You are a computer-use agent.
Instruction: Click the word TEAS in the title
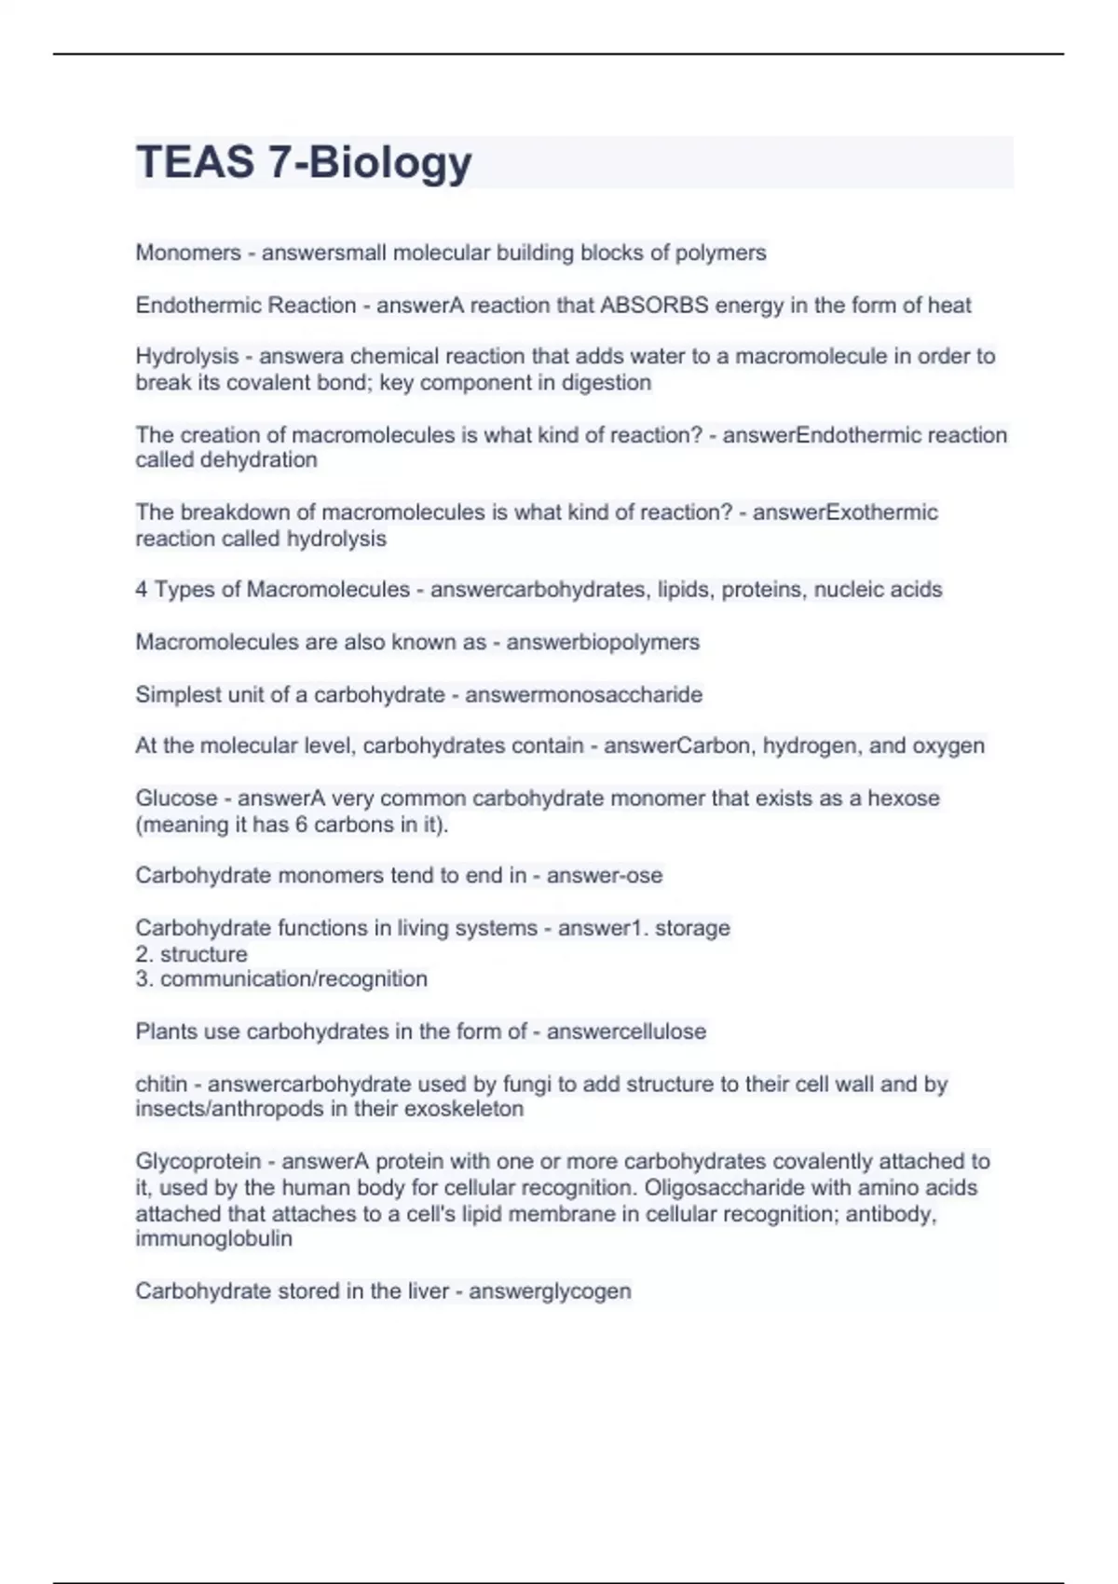[194, 162]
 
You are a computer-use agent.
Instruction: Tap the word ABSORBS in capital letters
[654, 306]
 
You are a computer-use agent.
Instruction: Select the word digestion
[606, 383]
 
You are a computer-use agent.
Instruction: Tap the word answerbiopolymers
[603, 642]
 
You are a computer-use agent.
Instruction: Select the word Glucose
[176, 799]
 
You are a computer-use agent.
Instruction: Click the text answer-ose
[605, 876]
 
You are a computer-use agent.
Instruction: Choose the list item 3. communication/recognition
[281, 979]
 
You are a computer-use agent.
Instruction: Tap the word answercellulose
[626, 1031]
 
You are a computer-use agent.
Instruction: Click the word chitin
[161, 1085]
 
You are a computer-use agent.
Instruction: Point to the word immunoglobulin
[213, 1239]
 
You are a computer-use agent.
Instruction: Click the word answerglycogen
[550, 1291]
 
